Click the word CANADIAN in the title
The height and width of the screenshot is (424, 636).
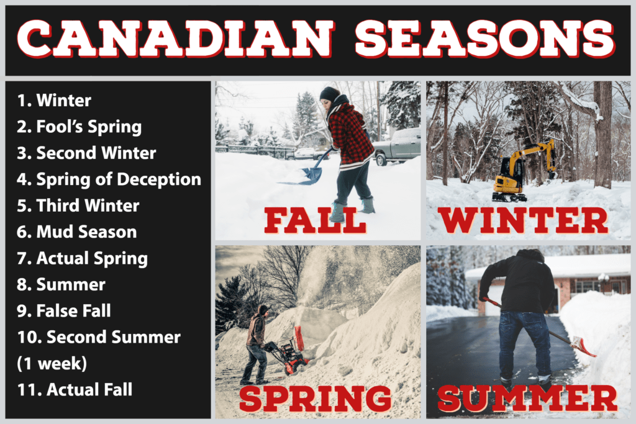(176, 39)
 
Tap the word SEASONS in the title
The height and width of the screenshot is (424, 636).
(484, 39)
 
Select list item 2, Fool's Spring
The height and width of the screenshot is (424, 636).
(79, 127)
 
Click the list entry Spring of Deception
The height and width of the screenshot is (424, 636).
(109, 179)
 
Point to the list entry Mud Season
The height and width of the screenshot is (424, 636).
(77, 232)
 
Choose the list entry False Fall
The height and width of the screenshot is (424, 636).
(64, 311)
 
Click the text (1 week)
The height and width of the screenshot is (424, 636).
(52, 364)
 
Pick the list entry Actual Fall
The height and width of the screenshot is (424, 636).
(75, 389)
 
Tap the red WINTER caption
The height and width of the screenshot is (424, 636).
(523, 220)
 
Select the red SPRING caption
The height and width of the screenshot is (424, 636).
(316, 399)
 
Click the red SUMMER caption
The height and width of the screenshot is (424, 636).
(527, 399)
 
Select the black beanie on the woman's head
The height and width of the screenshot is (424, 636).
(329, 94)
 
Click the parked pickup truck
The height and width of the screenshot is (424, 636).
(396, 147)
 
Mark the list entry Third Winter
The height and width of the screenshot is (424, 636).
(78, 205)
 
